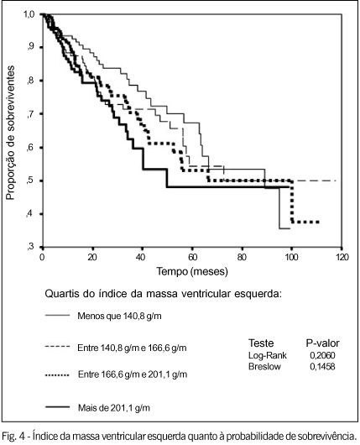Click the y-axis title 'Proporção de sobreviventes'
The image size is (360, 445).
click(10, 133)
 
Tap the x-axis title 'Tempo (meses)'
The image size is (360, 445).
click(192, 271)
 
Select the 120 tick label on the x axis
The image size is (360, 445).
click(342, 258)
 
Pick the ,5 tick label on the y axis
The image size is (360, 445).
click(30, 181)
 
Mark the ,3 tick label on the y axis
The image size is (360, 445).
click(30, 247)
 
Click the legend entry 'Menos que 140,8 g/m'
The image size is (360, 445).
click(119, 316)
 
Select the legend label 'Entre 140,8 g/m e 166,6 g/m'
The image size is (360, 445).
click(132, 348)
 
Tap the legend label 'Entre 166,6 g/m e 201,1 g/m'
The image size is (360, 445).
click(133, 374)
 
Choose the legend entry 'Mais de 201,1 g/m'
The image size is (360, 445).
click(114, 408)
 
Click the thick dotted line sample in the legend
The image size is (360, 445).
click(57, 375)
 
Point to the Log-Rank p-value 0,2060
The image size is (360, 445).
click(322, 355)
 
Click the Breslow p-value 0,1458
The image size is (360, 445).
click(322, 366)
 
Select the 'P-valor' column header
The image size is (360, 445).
click(322, 343)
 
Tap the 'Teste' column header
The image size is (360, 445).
click(261, 343)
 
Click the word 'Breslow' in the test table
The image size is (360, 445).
click(264, 366)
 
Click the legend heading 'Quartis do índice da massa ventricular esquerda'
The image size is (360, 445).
click(163, 294)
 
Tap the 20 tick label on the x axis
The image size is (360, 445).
click(92, 258)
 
